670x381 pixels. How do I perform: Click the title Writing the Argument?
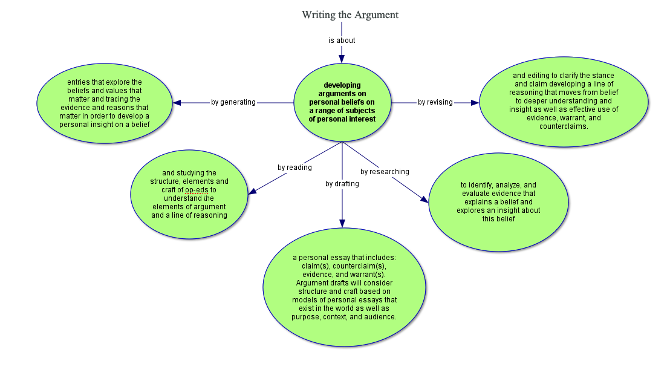tap(350, 15)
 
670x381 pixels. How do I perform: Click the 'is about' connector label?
tap(342, 41)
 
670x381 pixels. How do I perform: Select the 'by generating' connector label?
tap(233, 102)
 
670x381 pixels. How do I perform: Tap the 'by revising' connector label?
tap(435, 102)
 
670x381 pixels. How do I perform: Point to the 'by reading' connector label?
tap(294, 168)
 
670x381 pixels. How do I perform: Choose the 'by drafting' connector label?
tap(342, 184)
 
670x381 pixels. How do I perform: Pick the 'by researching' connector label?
tap(385, 172)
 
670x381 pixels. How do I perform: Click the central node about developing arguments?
tap(342, 102)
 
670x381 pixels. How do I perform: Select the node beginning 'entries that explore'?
tap(104, 103)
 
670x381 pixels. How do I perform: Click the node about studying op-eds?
tap(189, 194)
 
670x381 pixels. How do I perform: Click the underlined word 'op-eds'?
tap(197, 190)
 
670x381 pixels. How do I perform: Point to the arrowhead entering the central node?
tap(342, 59)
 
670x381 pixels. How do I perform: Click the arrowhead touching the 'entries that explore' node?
tap(177, 103)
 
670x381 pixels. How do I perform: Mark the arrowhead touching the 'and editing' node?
tap(475, 103)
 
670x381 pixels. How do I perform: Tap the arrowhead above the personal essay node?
tap(342, 224)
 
